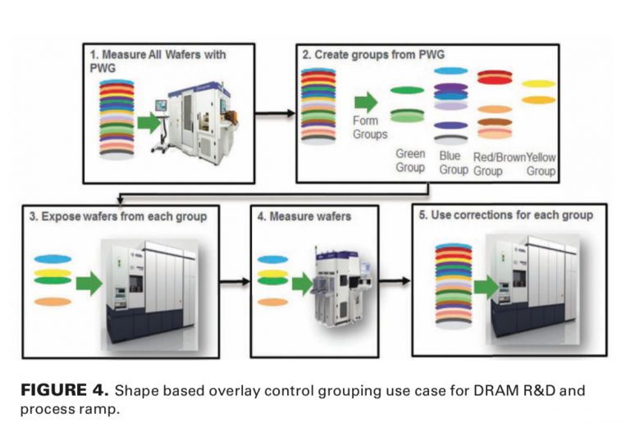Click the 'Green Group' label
pos(410,161)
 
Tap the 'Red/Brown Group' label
pos(498,163)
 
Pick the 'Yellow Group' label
pos(541,163)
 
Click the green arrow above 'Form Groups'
pos(366,102)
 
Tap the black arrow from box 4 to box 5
pos(395,280)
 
